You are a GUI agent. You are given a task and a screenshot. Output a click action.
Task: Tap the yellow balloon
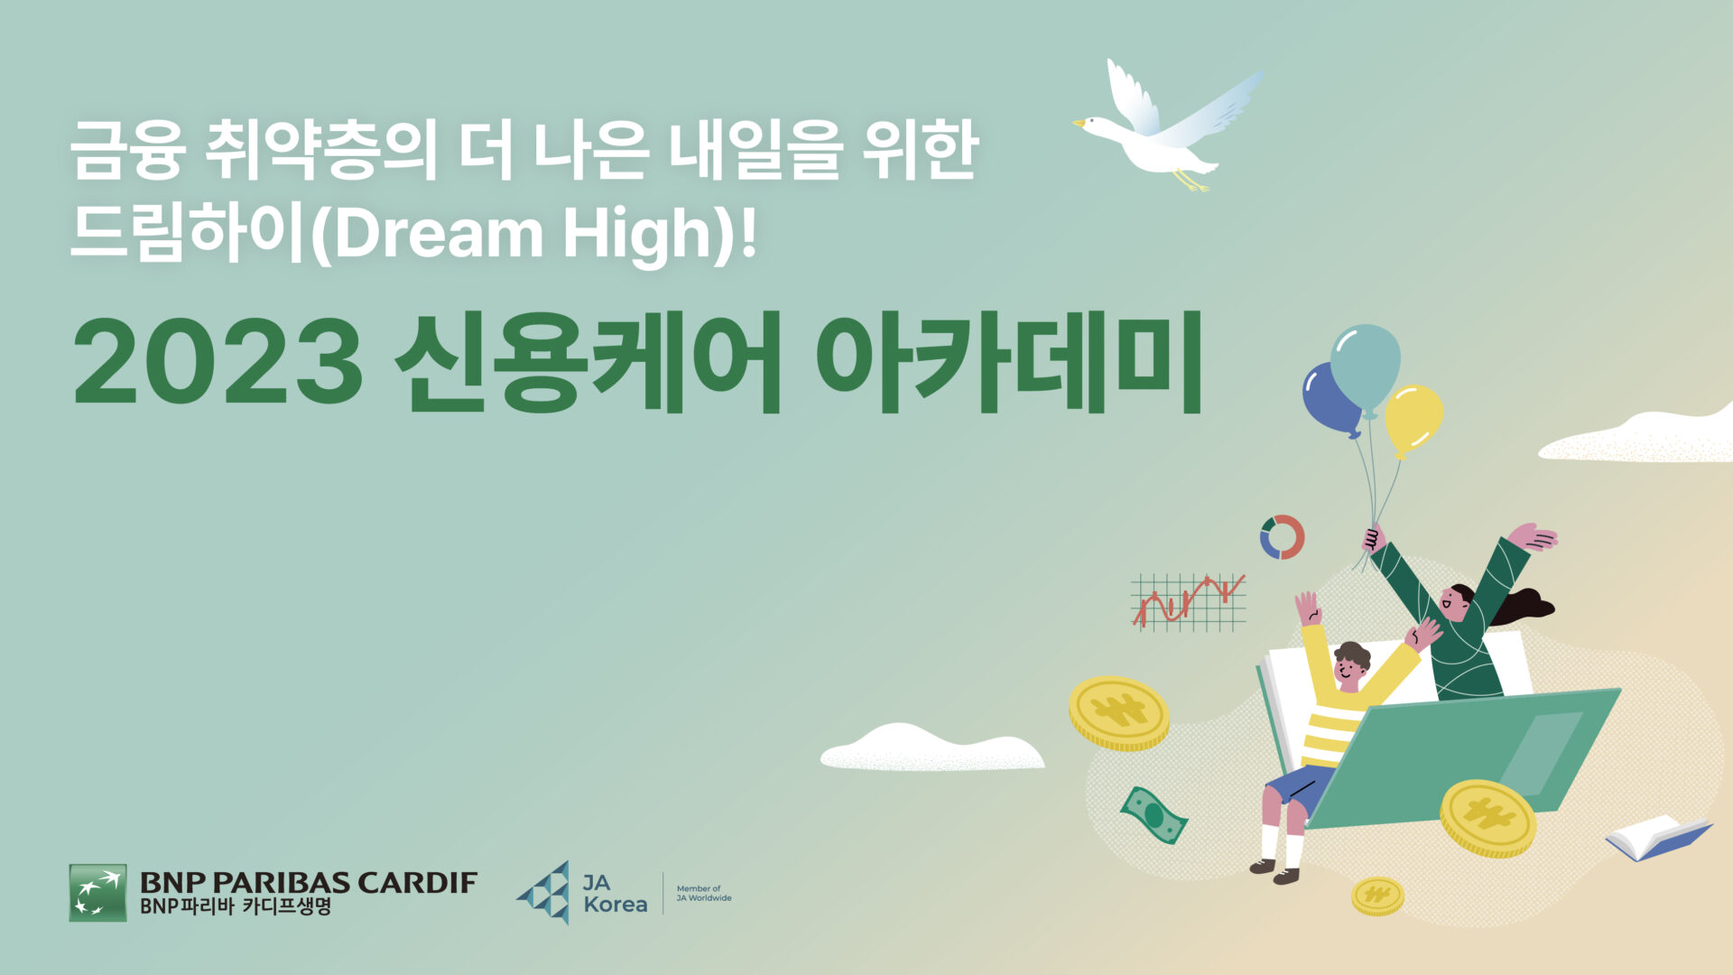(1413, 420)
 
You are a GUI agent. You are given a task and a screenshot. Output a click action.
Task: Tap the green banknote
(1154, 814)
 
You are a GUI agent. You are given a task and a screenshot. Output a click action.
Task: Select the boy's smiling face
(1348, 671)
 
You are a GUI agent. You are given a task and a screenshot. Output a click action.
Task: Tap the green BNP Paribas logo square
(97, 893)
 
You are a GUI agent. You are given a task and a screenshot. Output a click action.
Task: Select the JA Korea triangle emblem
(545, 893)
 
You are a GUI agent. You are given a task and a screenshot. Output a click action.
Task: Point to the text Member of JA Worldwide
(704, 894)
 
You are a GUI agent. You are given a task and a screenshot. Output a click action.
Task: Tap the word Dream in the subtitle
(438, 233)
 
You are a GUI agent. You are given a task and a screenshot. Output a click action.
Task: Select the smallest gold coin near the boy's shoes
(1377, 896)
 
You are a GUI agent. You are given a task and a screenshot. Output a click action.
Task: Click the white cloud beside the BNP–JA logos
(931, 747)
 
